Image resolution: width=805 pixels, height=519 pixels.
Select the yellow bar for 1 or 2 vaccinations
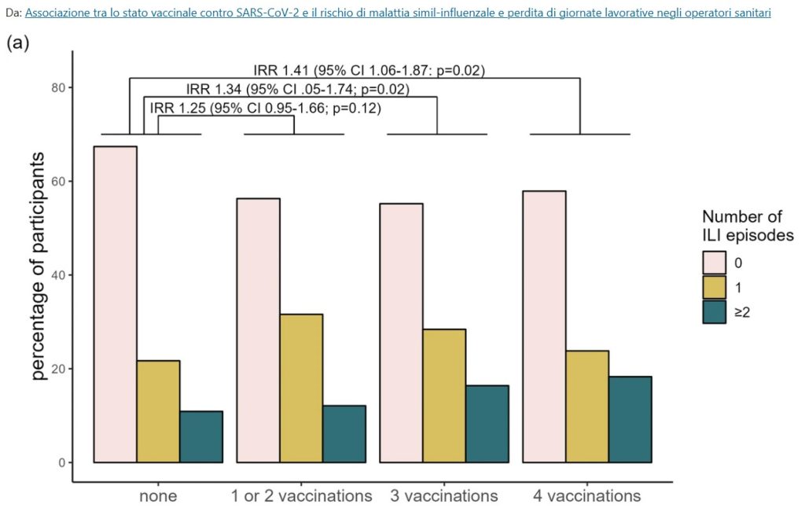[301, 388]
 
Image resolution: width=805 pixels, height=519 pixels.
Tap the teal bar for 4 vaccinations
[630, 420]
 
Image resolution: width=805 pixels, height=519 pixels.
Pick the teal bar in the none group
[201, 437]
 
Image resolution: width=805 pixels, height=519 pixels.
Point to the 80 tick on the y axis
[58, 87]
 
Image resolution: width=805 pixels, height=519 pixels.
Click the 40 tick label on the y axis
[58, 275]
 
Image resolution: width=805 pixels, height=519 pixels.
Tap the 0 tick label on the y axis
[61, 462]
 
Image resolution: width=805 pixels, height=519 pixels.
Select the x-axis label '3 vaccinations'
[444, 496]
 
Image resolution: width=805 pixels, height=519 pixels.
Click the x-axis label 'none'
[158, 496]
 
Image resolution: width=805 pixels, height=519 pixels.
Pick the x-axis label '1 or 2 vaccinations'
[302, 496]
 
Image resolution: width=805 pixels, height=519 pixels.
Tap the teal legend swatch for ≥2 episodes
[714, 313]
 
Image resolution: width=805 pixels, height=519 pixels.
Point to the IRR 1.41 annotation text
[369, 70]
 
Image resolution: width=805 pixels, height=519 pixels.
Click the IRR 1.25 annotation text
[265, 108]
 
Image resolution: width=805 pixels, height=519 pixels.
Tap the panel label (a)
[17, 43]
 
